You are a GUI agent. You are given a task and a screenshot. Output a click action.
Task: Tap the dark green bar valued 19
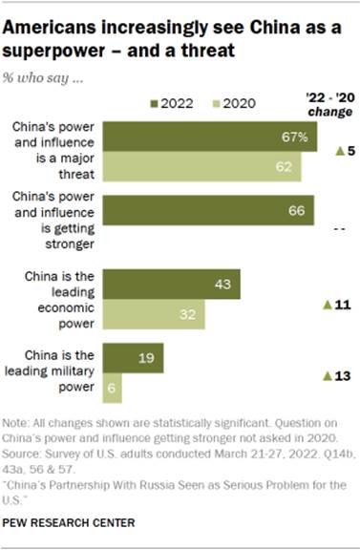[133, 359]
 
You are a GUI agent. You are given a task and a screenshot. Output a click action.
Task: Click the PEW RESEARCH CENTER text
[71, 524]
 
